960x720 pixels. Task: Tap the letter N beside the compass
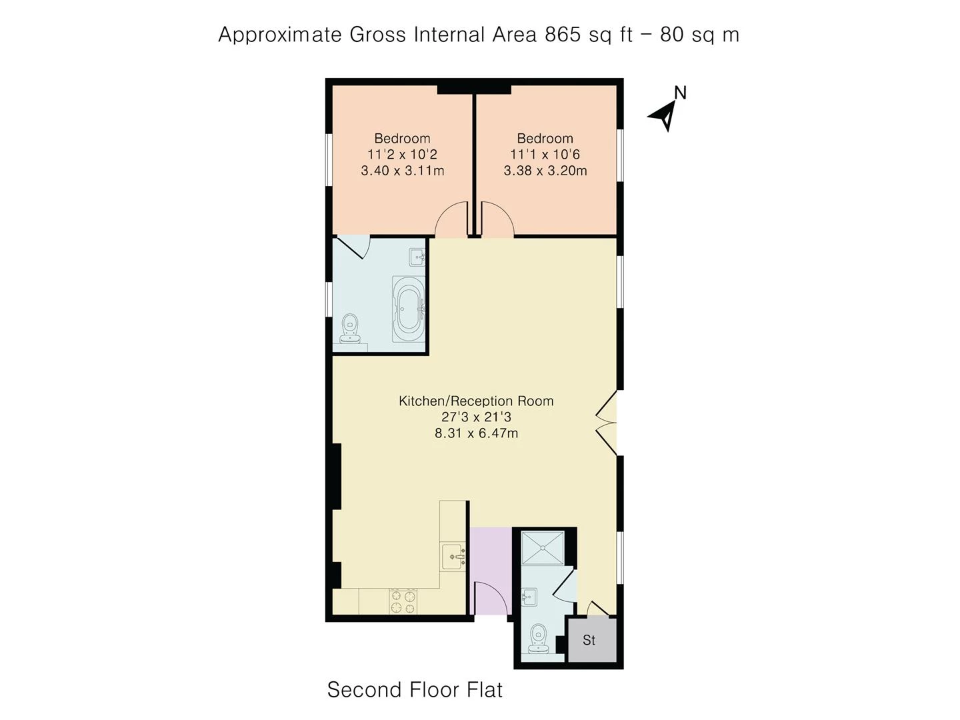pos(680,93)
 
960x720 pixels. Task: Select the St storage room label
pos(589,640)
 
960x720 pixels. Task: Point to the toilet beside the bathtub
pos(350,328)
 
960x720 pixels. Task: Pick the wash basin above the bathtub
pos(417,257)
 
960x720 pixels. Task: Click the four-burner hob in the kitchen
pos(403,601)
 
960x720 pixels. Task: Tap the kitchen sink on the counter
pos(453,556)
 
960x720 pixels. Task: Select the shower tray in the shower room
pos(543,547)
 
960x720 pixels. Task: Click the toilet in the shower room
pos(537,639)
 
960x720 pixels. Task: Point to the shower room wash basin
pos(529,597)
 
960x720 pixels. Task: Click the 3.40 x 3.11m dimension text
pos(403,171)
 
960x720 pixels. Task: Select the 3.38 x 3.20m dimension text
pos(545,171)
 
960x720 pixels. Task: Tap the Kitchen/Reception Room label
pos(476,401)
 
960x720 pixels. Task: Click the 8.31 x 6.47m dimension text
pos(476,433)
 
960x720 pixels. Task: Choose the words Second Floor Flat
pos(415,689)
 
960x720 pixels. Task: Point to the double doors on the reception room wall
pos(607,423)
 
